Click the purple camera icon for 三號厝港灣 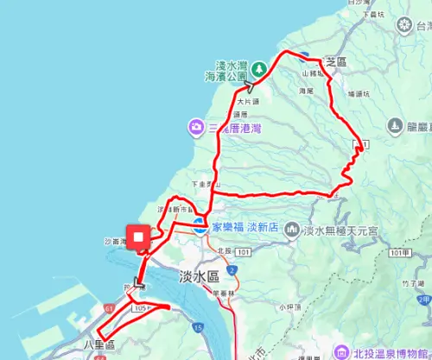click(x=198, y=128)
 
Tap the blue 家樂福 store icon click(x=199, y=228)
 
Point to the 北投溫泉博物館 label click(x=391, y=352)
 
